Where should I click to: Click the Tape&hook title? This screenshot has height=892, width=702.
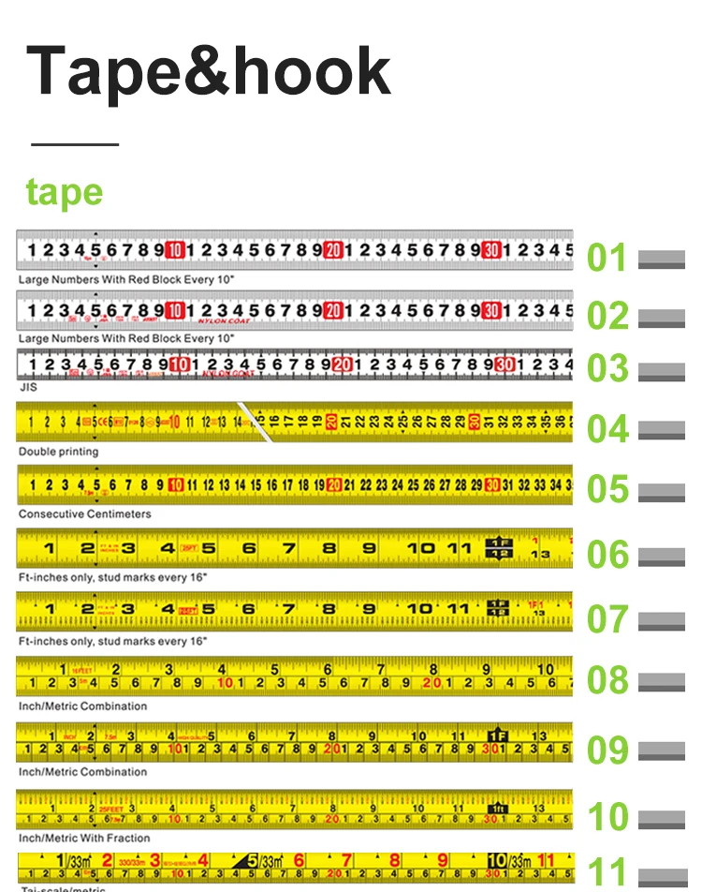209,71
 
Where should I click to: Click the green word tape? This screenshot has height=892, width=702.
65,192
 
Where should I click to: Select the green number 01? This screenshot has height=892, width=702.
607,258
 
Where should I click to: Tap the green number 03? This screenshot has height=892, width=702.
607,369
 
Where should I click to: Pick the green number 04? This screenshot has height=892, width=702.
607,429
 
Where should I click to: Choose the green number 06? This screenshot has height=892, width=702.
607,555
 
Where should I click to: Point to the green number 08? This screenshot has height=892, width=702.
607,680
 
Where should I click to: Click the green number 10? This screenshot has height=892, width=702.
607,817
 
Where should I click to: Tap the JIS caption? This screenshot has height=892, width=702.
28,387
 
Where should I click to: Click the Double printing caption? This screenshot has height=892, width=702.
58,452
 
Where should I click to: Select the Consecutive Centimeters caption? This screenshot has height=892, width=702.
84,514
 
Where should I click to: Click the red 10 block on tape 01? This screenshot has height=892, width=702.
175,250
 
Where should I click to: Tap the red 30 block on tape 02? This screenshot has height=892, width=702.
492,310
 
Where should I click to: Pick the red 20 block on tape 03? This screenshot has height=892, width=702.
342,364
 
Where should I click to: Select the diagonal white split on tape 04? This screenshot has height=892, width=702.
253,422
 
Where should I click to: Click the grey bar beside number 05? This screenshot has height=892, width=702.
661,492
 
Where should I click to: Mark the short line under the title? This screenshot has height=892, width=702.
75,144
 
